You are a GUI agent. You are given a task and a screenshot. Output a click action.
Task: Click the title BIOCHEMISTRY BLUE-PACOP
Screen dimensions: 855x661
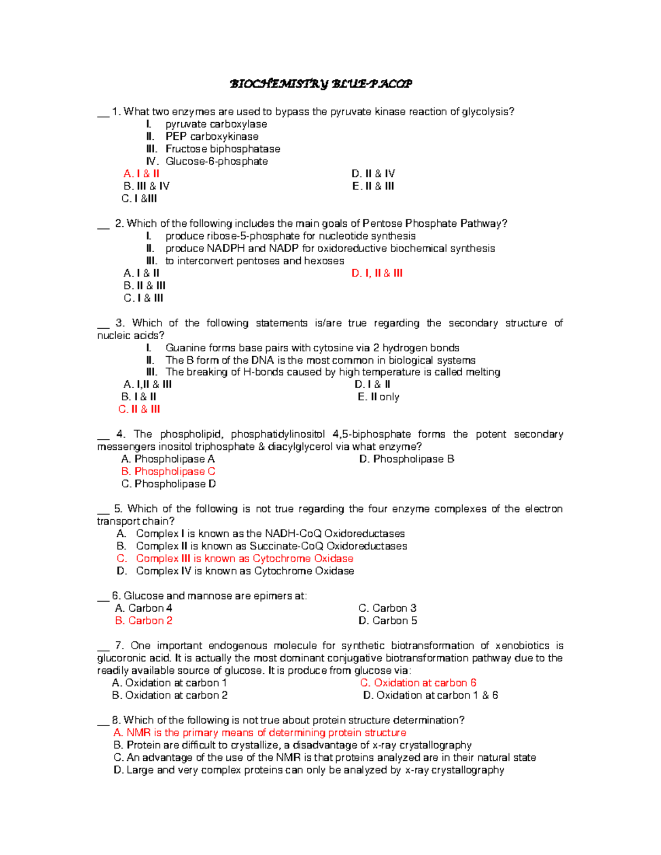[x=320, y=84]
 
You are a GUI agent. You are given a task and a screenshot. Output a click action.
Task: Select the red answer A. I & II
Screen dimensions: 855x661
[x=142, y=173]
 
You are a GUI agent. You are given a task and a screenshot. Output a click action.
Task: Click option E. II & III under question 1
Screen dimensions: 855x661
[x=373, y=186]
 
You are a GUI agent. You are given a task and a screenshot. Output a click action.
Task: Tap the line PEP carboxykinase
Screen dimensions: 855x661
[x=212, y=137]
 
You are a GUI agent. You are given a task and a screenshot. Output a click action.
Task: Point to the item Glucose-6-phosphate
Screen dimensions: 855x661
[x=216, y=161]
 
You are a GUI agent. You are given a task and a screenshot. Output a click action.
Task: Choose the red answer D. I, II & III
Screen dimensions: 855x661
[x=377, y=273]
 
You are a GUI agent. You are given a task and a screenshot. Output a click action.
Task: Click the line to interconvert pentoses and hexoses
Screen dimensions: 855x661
[x=254, y=261]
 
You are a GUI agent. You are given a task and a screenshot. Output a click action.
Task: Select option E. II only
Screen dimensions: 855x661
[x=378, y=397]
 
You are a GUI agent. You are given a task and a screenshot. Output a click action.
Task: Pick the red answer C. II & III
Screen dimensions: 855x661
[x=139, y=409]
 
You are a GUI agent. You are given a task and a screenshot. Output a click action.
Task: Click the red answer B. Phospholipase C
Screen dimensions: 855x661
[x=168, y=471]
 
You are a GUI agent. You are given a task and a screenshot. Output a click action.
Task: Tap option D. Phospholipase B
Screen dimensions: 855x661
[x=407, y=459]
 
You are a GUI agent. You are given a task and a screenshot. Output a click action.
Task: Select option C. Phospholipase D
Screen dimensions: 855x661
[x=169, y=484]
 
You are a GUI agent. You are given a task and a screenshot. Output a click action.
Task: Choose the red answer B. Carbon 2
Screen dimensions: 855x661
[x=144, y=620]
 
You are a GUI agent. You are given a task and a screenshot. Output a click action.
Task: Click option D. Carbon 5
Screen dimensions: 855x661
[x=388, y=620]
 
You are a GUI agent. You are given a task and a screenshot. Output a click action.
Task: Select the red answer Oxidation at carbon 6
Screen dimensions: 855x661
[x=418, y=683]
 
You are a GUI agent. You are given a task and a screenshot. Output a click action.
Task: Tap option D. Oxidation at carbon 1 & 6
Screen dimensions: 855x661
[x=430, y=695]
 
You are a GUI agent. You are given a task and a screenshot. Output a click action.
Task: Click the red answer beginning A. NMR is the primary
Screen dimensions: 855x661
[x=260, y=733]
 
